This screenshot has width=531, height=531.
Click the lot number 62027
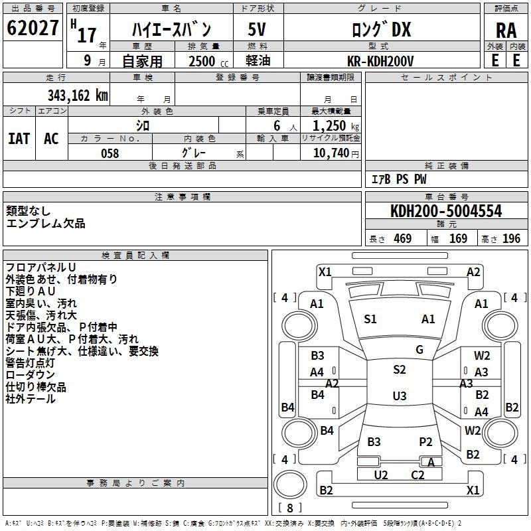pos(33,30)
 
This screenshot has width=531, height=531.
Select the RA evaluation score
pos(506,31)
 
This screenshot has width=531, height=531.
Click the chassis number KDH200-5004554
pos(446,212)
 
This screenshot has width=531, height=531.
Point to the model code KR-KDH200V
pos(380,61)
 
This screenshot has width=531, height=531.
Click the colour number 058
pos(110,153)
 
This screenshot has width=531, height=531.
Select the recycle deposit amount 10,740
pos(331,153)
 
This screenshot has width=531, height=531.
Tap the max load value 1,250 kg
pos(331,125)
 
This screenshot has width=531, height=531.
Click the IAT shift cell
pos(19,139)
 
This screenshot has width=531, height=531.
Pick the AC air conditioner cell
pos(51,139)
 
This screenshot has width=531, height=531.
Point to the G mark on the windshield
pos(419,350)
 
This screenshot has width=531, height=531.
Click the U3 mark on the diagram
pos(399,396)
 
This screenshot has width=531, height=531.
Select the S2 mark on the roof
pos(399,370)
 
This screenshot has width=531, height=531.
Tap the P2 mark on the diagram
pos(425,442)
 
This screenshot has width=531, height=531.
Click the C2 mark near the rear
pos(417,475)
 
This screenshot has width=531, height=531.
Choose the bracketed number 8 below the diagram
pos(289,508)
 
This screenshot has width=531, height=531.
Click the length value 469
pos(402,239)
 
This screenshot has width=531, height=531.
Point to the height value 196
pos(511,239)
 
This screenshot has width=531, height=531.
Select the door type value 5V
pos(258,30)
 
